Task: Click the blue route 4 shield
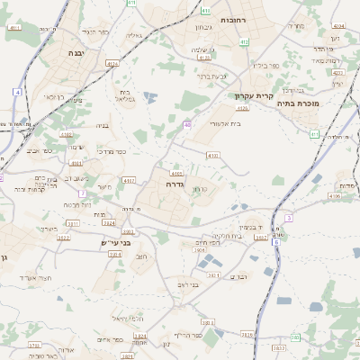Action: [17, 93]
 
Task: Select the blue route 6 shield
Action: [276, 242]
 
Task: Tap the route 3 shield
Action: [289, 218]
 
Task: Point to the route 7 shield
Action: [82, 193]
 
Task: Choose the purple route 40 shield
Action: [188, 124]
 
